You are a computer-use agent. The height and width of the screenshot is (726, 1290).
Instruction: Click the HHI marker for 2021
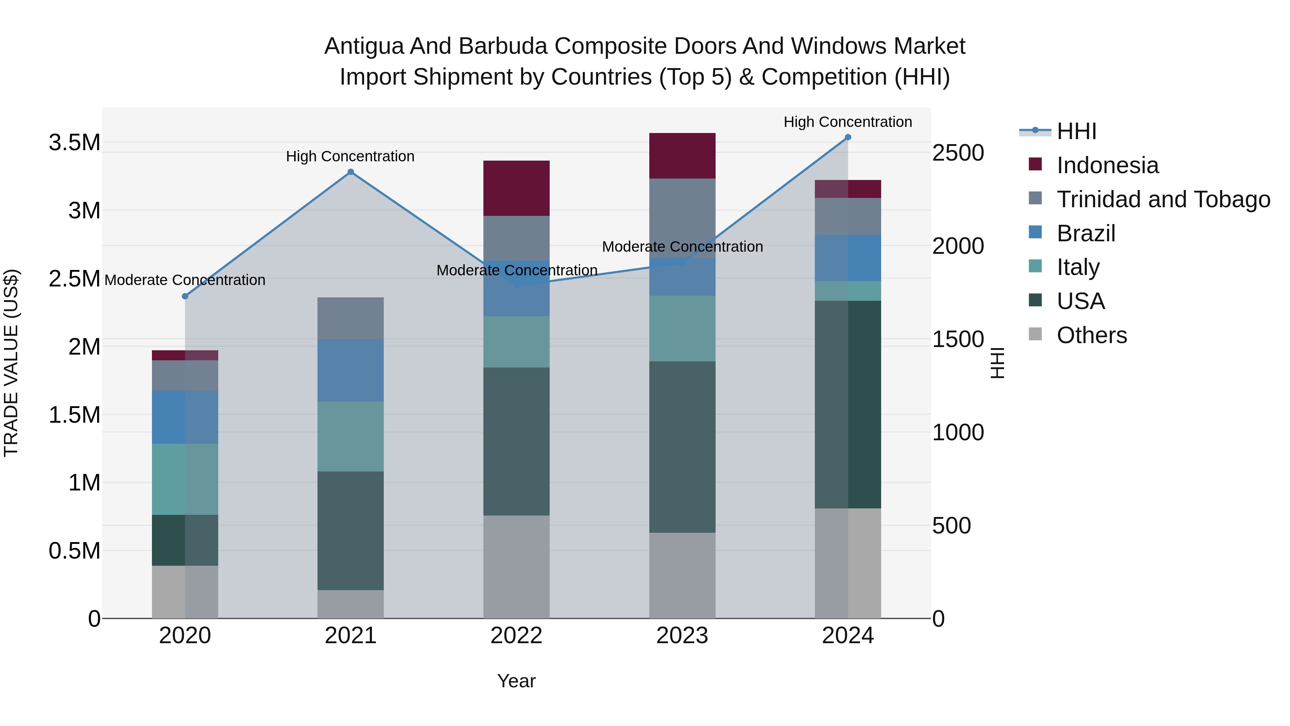(350, 172)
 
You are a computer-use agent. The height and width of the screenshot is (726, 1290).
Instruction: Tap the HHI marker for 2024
(848, 137)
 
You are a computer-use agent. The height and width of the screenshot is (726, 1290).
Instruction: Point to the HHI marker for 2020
(185, 296)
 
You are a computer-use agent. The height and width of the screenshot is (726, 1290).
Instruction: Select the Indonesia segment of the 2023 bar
(682, 156)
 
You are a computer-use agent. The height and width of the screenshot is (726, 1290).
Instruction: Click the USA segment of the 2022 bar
(516, 441)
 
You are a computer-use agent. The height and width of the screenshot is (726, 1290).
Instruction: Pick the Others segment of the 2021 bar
(350, 604)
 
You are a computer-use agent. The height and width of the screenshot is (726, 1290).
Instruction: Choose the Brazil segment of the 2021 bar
(350, 370)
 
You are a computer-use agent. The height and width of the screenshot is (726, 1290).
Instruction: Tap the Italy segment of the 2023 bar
(682, 329)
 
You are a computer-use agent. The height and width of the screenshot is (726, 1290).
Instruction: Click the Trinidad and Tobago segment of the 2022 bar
(516, 238)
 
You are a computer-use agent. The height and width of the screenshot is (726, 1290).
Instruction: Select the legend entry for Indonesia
(1107, 165)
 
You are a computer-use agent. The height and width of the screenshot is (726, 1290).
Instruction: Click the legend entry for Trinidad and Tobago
(1163, 199)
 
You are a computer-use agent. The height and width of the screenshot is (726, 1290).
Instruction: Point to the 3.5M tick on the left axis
(74, 143)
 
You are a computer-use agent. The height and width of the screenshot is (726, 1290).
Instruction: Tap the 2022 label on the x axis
(516, 636)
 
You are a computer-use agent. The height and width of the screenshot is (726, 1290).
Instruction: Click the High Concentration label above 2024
(847, 122)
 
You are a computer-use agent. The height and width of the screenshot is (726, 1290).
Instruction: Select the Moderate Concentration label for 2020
(185, 280)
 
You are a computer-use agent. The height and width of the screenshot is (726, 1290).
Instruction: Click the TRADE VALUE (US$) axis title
(11, 363)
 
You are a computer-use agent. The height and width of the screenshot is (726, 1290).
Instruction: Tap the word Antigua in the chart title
(364, 46)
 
